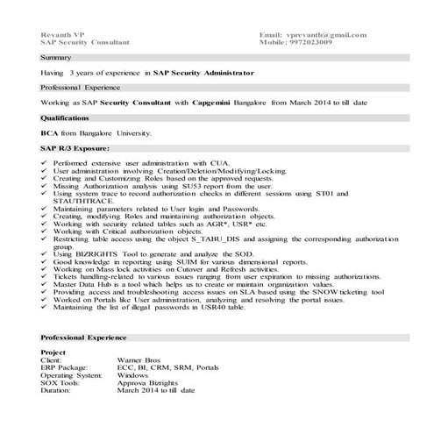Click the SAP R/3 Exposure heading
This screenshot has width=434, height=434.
[x=75, y=148]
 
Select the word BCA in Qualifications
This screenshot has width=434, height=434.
[x=49, y=132]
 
